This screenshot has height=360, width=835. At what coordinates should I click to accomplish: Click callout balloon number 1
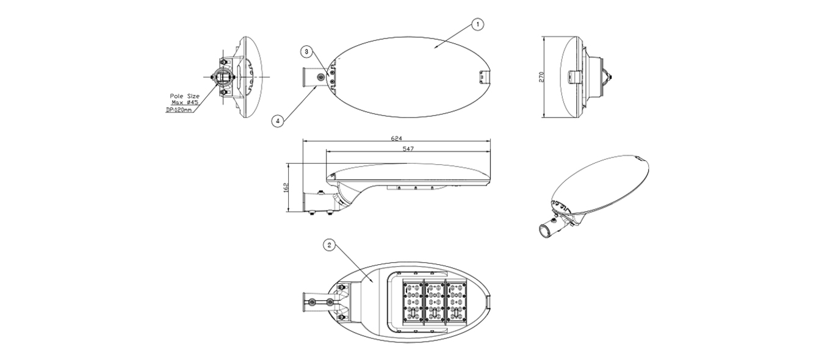coord(477,24)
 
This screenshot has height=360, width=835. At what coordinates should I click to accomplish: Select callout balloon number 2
coord(329,245)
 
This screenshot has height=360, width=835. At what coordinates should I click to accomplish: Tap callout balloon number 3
coord(306,52)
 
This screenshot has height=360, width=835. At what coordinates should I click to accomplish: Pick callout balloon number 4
coord(277,121)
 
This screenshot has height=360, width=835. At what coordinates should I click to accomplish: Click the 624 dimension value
coord(397,139)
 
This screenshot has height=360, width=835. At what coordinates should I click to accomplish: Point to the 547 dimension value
coord(408,149)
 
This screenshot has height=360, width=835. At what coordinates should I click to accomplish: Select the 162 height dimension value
coord(285,187)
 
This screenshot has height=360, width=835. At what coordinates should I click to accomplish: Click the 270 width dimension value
coord(541,77)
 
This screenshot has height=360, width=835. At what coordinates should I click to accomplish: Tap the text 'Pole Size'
coord(185,96)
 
